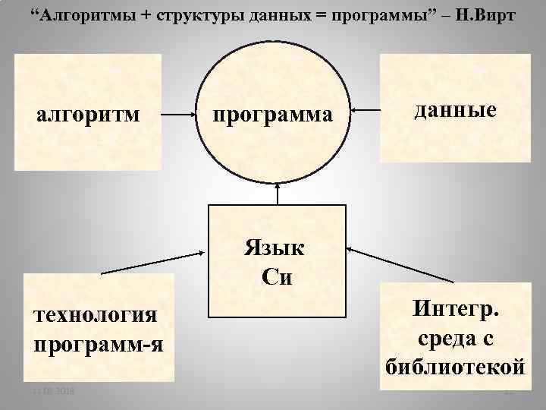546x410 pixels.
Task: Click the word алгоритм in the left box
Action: point(88,115)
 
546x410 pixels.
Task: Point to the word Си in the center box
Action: point(276,276)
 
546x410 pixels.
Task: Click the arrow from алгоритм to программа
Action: point(179,115)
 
